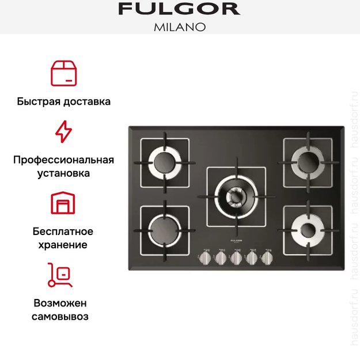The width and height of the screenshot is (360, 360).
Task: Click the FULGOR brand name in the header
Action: (179, 9)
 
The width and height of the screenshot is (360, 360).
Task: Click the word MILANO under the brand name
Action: (179, 26)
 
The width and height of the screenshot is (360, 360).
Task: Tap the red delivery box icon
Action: (64, 73)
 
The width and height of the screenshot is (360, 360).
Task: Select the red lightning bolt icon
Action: (63, 131)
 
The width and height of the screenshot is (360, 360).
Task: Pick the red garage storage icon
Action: (63, 204)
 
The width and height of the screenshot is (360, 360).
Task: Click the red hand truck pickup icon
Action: (60, 275)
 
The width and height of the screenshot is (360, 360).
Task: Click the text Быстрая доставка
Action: (64, 101)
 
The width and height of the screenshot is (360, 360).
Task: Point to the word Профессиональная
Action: (64, 160)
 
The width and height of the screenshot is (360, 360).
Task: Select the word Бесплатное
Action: (64, 232)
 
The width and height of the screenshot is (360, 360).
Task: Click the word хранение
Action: (64, 245)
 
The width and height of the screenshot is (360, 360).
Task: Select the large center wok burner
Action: (236, 194)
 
